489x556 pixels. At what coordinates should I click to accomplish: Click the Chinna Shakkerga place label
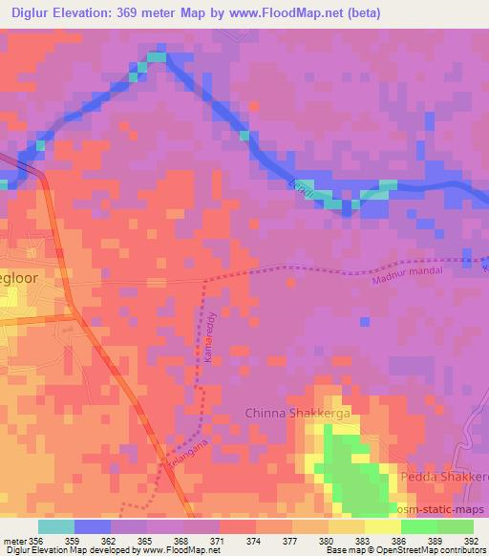point(298,412)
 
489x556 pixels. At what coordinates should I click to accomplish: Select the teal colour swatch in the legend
point(56,525)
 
